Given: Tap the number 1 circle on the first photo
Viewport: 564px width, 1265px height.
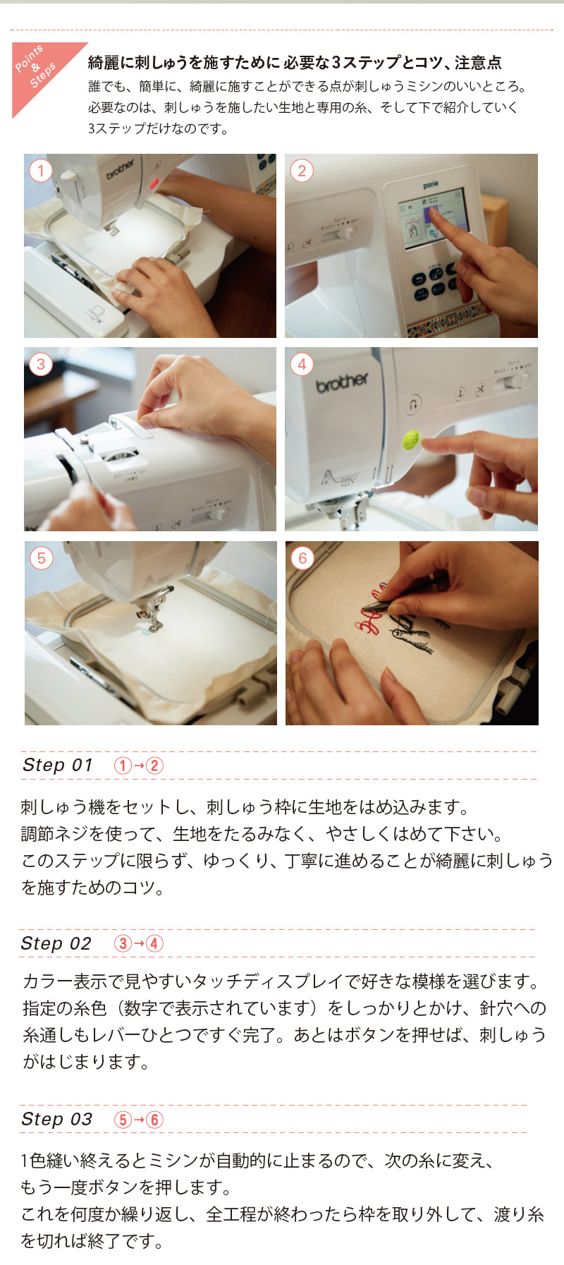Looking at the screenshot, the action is (41, 171).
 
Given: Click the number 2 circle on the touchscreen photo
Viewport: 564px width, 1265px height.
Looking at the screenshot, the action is (302, 171).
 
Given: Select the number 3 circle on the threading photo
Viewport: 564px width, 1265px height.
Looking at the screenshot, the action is (41, 364).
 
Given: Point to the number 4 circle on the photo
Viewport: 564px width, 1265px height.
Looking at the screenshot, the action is (302, 364).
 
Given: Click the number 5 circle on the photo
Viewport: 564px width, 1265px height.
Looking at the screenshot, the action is (41, 558).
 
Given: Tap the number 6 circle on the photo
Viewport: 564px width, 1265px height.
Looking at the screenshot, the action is (302, 558).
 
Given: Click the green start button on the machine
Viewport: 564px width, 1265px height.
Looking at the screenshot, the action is (410, 440).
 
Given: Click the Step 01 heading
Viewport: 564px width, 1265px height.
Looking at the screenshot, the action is (58, 765).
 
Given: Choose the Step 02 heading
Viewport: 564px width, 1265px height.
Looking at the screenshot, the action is (56, 943).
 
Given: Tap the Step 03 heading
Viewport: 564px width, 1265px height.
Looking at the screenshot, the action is (57, 1119).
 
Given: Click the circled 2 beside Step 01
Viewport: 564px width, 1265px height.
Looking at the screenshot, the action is (154, 765).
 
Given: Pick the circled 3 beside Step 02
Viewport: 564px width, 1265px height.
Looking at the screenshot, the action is (123, 943).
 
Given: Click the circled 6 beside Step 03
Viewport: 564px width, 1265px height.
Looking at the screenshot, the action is (154, 1120).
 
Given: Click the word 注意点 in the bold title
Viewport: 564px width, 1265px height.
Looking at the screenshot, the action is (478, 63).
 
